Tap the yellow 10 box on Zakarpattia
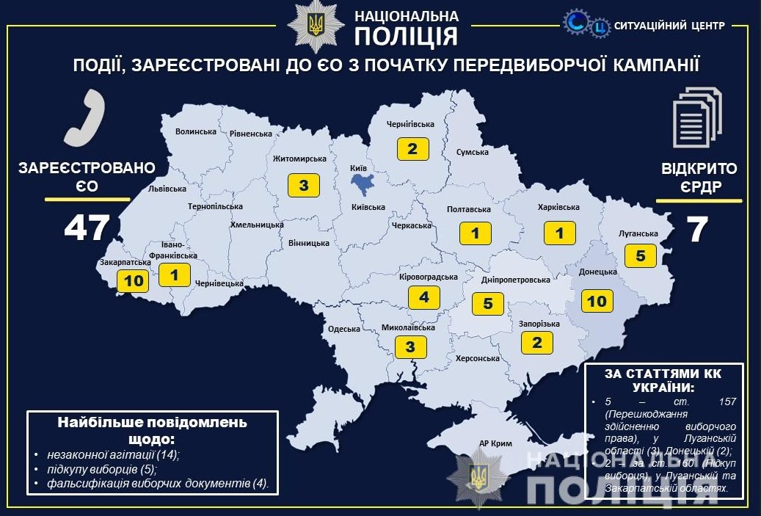(x=134, y=280)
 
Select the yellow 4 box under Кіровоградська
(x=423, y=297)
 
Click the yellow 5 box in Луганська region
(x=640, y=255)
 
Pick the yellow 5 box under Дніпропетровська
(x=488, y=303)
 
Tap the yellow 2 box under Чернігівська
(x=412, y=149)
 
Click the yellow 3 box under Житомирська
(x=303, y=185)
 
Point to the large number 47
(x=87, y=228)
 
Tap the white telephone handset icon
(x=84, y=117)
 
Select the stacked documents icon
(x=696, y=117)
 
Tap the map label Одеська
(x=343, y=330)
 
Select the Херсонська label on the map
(x=478, y=358)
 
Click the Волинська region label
(x=196, y=131)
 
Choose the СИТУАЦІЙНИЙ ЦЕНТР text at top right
(x=670, y=26)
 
